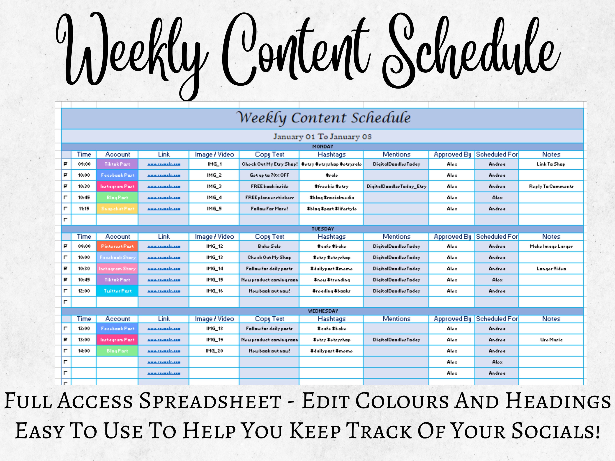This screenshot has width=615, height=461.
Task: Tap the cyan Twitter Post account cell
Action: [x=117, y=291]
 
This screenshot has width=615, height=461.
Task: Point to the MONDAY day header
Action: [x=323, y=146]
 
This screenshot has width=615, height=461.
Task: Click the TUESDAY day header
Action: [x=323, y=229]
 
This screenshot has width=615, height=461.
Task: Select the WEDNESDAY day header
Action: [x=323, y=311]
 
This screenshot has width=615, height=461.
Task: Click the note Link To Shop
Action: [x=551, y=164]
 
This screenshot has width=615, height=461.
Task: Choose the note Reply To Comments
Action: [x=551, y=186]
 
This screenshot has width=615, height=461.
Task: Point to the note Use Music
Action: [x=551, y=340]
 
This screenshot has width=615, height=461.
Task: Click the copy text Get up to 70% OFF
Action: [x=269, y=175]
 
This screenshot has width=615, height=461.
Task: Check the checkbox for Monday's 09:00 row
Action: [x=66, y=164]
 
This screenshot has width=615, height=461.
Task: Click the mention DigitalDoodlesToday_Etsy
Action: [x=396, y=186]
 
